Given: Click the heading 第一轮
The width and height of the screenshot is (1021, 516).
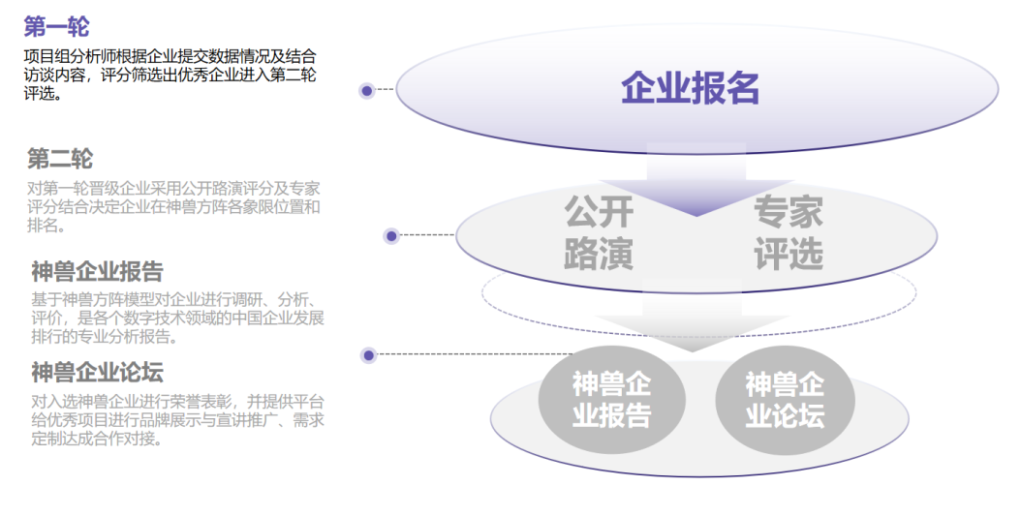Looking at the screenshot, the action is (56, 27).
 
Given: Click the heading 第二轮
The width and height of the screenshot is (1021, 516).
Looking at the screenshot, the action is (59, 158).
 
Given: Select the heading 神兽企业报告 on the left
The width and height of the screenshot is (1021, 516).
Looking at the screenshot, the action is (97, 271).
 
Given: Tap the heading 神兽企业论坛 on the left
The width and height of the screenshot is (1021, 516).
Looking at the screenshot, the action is (97, 372).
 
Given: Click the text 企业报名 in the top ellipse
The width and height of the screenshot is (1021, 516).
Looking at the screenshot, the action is (691, 88).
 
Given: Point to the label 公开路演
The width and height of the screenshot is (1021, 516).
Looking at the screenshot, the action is (599, 232).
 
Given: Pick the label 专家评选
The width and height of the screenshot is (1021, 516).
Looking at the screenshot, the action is (789, 232).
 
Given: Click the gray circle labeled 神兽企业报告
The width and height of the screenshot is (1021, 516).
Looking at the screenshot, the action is (611, 400).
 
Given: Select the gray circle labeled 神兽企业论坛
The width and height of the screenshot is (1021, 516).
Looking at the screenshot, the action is (785, 400).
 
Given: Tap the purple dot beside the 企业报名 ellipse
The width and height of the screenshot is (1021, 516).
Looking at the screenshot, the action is (366, 90).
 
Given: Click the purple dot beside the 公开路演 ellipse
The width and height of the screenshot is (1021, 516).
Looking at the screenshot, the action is (391, 235).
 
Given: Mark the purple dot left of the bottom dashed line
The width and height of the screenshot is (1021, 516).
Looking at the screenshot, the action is (368, 355).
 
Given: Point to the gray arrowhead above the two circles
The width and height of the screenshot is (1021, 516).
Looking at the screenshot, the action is (693, 333).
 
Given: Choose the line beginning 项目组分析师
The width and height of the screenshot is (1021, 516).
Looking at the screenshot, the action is (170, 56).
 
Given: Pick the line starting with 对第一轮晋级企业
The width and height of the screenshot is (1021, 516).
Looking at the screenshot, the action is (173, 189).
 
